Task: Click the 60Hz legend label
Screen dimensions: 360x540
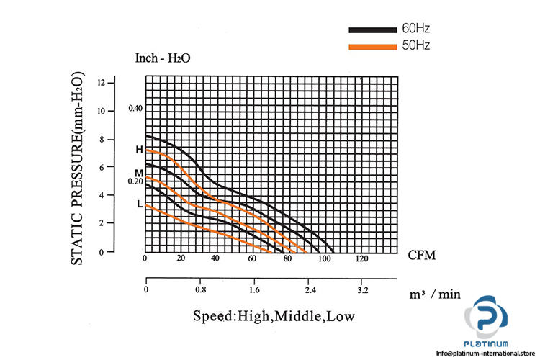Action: point(417,30)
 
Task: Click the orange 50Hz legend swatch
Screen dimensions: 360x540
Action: point(372,46)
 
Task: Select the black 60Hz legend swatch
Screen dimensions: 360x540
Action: point(372,30)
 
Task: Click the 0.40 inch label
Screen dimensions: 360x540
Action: point(136,109)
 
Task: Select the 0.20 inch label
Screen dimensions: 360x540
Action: point(136,181)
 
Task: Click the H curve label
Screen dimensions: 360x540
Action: point(139,150)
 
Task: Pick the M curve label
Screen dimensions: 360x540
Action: point(138,173)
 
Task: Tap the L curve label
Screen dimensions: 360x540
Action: point(139,204)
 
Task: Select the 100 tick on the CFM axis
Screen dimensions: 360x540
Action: point(325,258)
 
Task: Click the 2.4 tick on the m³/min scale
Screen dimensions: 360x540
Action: point(310,290)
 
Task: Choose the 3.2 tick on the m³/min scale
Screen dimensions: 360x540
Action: point(364,290)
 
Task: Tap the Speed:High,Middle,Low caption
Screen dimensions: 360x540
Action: point(274,316)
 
